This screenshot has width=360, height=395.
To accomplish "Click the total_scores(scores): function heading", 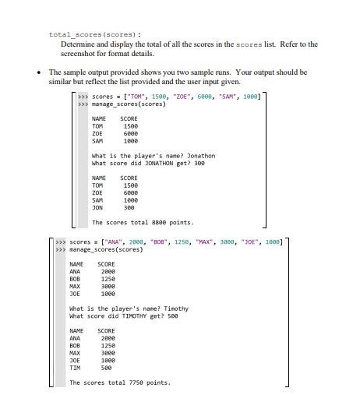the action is click(84, 34).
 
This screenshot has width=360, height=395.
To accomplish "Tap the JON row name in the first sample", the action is click(97, 208).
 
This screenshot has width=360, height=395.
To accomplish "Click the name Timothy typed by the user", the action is click(176, 309).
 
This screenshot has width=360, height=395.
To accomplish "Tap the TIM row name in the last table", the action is click(75, 368).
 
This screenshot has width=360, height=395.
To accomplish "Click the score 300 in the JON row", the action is click(129, 208).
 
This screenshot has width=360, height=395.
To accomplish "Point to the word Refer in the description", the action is click(277, 44).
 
